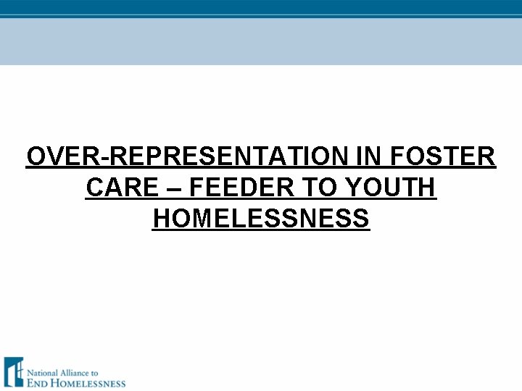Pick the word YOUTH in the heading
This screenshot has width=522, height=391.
pyautogui.click(x=391, y=188)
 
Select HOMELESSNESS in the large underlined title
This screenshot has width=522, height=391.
pyautogui.click(x=261, y=219)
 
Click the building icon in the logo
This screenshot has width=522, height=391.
pyautogui.click(x=13, y=371)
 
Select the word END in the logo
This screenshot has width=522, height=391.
pyautogui.click(x=39, y=383)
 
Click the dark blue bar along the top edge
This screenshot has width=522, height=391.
pyautogui.click(x=261, y=7)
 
